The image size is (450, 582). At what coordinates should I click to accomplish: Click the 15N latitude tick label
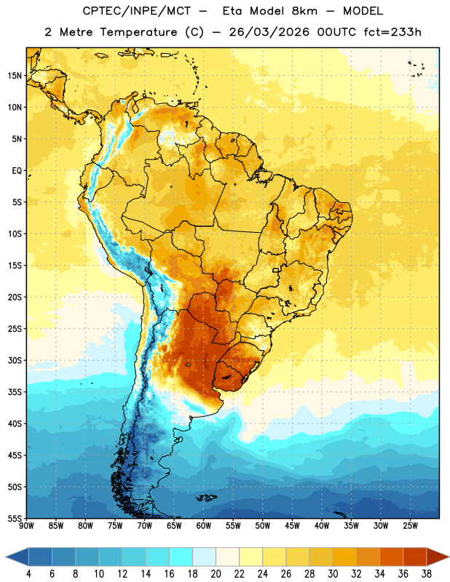(15, 76)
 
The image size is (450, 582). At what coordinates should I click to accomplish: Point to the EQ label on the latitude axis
(17, 171)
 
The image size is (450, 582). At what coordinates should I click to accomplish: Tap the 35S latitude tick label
(15, 392)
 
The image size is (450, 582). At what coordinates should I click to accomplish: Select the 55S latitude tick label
(15, 518)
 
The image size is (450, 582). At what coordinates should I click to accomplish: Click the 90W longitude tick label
(26, 525)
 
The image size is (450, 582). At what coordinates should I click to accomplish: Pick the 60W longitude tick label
(204, 525)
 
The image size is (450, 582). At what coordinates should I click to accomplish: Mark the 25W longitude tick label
(410, 525)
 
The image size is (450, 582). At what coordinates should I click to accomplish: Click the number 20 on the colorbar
(216, 574)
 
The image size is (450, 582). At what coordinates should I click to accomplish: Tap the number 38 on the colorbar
(426, 574)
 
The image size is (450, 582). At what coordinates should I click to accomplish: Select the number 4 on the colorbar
(28, 574)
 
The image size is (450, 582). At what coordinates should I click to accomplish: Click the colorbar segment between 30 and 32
(344, 557)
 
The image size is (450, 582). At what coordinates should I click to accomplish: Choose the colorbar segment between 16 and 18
(181, 557)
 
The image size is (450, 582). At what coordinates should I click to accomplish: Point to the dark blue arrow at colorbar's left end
(17, 557)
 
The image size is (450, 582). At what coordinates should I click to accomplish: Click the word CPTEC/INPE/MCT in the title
(137, 11)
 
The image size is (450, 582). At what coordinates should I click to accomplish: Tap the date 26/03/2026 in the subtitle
(269, 32)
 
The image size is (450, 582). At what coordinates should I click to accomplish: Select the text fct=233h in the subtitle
(392, 32)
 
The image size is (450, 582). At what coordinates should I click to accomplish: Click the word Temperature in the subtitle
(139, 32)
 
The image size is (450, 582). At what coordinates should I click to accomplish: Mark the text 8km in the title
(304, 11)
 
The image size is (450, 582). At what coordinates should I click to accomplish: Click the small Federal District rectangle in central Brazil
(276, 270)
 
